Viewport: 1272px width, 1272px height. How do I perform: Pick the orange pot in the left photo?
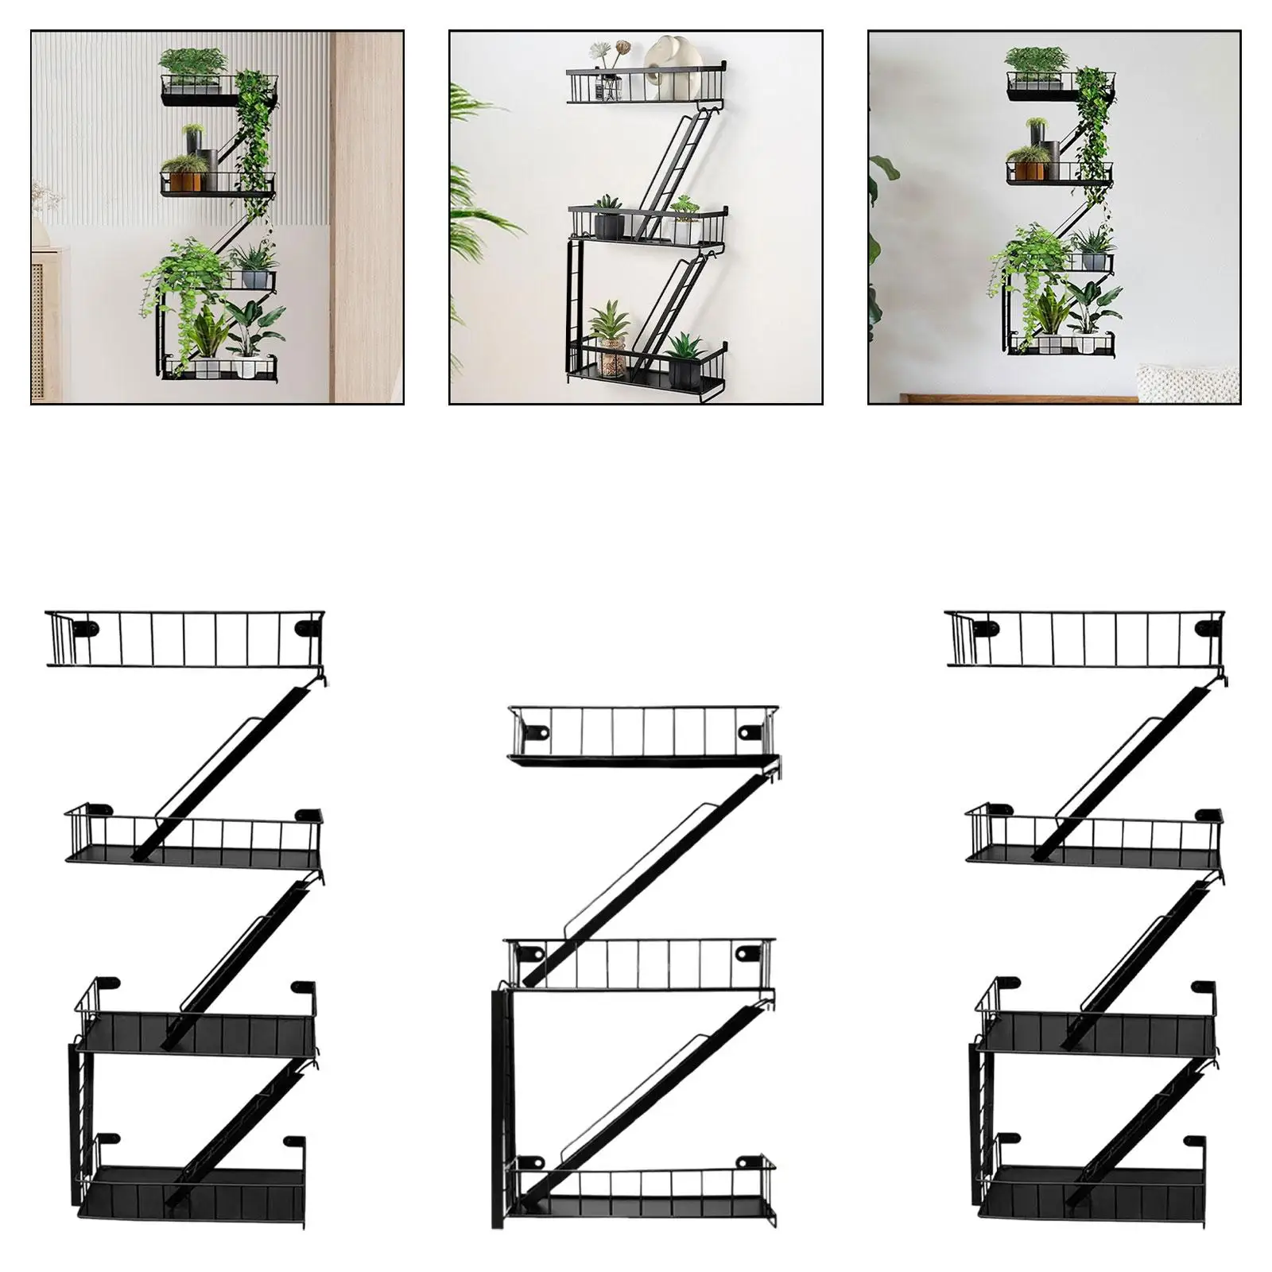click(184, 181)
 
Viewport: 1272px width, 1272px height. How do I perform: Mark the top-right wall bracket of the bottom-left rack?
click(306, 628)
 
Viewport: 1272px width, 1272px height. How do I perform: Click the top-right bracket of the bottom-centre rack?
click(747, 730)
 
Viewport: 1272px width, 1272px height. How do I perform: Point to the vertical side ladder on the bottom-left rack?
click(82, 1113)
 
